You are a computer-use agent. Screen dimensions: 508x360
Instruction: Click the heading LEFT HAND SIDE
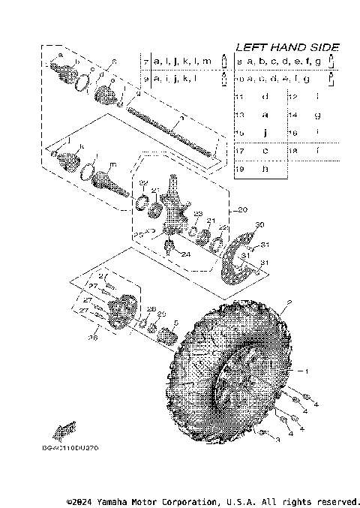point(286,47)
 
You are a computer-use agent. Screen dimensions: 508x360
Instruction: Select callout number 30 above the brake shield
point(259,225)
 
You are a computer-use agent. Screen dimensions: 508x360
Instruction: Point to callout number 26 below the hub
point(93,338)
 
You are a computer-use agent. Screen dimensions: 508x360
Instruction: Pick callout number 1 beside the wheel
point(304,371)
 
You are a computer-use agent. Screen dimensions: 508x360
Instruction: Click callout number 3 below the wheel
point(277,440)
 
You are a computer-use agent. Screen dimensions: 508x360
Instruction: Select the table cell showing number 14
point(292,115)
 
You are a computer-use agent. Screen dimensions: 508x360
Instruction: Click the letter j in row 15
point(265,133)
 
